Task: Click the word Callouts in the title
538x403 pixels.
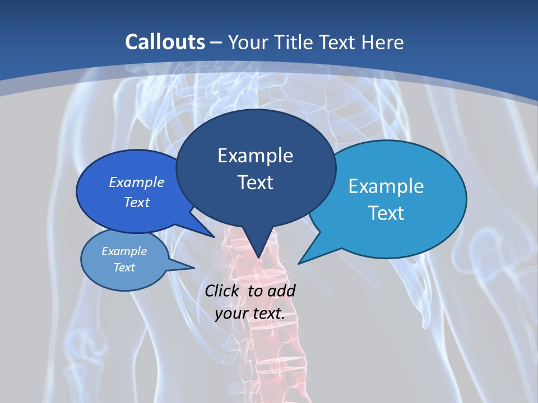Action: pos(165,42)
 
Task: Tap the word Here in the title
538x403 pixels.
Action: pos(381,42)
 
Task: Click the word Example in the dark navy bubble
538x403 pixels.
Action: pos(255,156)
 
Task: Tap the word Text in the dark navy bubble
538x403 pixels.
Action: pos(255,182)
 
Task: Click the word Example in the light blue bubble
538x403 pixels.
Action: pos(386,186)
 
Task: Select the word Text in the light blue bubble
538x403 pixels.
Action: pos(386,213)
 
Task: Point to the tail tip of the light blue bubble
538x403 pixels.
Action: pos(301,261)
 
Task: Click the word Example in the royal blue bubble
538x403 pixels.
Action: pos(137,182)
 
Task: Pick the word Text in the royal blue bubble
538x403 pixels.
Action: pos(137,202)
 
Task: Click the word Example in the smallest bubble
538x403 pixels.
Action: pos(124,251)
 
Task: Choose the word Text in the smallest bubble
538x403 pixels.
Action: pos(124,268)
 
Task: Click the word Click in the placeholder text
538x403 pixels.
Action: pos(221,290)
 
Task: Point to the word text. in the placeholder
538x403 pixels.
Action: pos(267,313)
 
